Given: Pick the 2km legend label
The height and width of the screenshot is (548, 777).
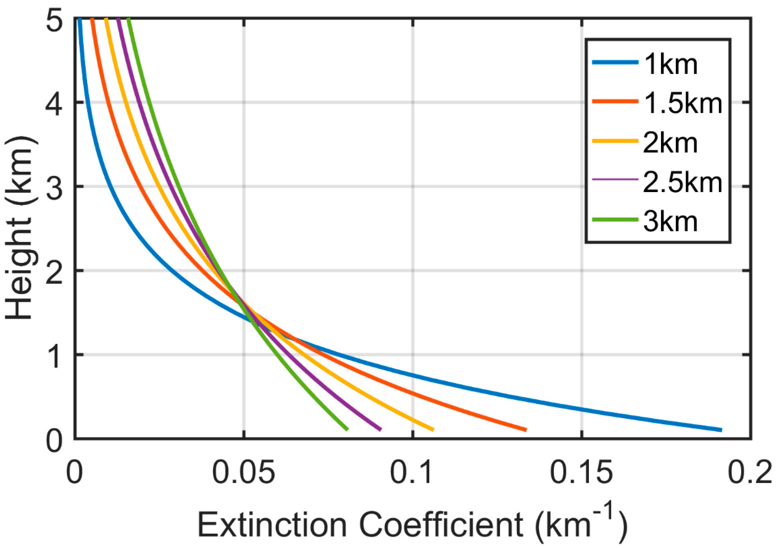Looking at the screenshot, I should pyautogui.click(x=670, y=143).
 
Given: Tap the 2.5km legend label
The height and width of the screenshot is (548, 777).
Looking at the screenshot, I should pyautogui.click(x=682, y=182).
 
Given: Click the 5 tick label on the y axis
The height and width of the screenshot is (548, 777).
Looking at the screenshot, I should pyautogui.click(x=54, y=23).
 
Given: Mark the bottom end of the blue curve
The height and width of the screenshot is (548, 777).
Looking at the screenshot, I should pyautogui.click(x=721, y=430).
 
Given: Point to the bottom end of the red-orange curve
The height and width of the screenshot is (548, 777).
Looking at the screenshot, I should pyautogui.click(x=525, y=430).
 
